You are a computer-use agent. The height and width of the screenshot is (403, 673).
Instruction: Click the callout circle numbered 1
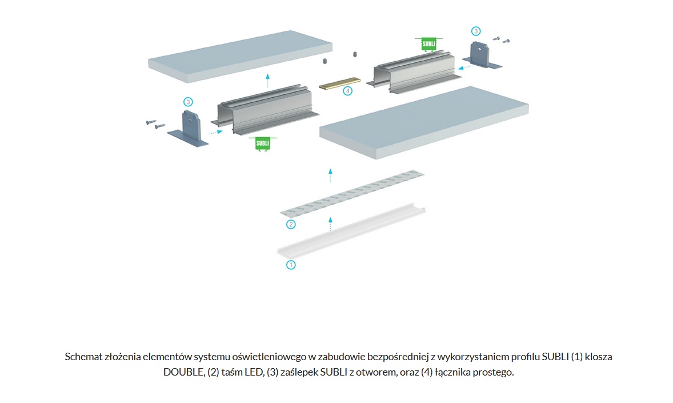coord(291,265)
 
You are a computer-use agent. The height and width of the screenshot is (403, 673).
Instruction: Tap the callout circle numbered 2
coord(291,224)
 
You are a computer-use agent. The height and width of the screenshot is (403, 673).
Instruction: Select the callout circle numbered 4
coord(348,91)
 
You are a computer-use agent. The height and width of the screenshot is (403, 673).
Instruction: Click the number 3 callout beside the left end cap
coord(188,102)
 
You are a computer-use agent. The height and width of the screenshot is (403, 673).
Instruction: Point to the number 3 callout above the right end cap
coord(475,31)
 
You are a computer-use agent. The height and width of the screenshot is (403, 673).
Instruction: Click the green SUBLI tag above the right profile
coord(428,44)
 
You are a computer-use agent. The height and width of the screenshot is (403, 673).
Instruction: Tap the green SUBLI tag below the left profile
coord(263,143)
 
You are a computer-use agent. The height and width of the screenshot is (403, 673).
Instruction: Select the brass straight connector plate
coord(340,83)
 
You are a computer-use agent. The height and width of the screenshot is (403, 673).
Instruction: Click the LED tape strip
coord(352,193)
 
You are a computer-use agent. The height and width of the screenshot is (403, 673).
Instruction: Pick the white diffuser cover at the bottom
coord(351,232)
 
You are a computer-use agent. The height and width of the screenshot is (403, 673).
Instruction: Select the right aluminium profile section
coord(414,71)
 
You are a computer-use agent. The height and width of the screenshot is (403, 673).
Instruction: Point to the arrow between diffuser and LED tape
coord(330,224)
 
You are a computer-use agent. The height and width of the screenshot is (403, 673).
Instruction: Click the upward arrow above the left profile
coord(267,81)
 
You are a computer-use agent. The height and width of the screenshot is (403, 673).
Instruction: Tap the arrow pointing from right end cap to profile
coord(465,67)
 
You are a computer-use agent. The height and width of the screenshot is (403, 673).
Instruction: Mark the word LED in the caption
coord(254,372)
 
